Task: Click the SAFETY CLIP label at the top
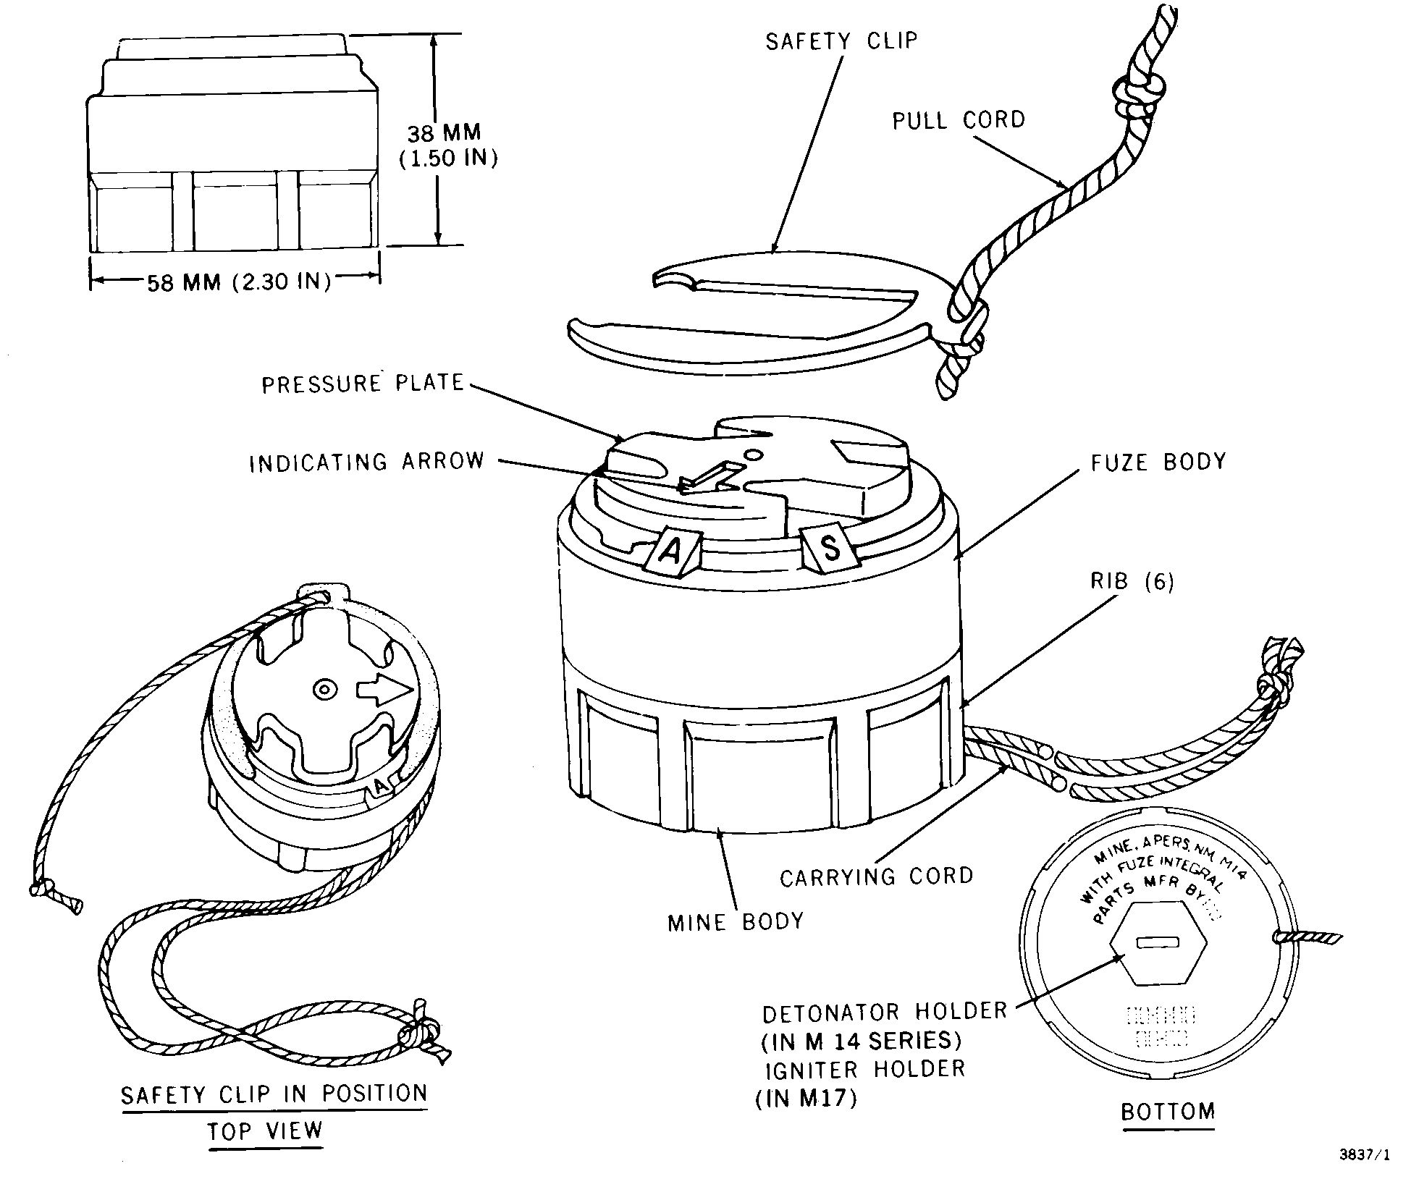(841, 41)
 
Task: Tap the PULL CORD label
(959, 119)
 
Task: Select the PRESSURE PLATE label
(363, 383)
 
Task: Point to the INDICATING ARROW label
(366, 462)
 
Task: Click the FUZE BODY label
(1158, 462)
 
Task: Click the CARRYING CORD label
(877, 877)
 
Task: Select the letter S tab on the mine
(831, 547)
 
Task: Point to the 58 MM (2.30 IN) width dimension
(239, 282)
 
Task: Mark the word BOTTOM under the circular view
(1168, 1111)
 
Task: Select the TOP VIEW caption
(265, 1131)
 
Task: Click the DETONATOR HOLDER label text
(885, 1011)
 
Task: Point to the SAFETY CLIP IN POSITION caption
(274, 1094)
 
